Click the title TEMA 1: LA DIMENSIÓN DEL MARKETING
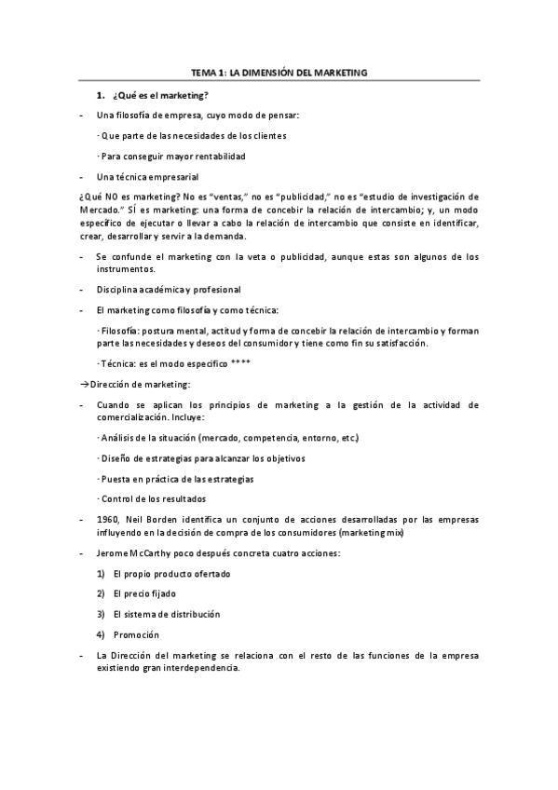pyautogui.click(x=279, y=71)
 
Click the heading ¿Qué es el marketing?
pyautogui.click(x=159, y=96)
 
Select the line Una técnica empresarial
pyautogui.click(x=146, y=176)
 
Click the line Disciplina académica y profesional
pyautogui.click(x=168, y=289)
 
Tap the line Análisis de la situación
pyautogui.click(x=228, y=437)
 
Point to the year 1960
pyautogui.click(x=107, y=519)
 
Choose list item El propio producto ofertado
pyautogui.click(x=170, y=573)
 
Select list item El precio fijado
pyautogui.click(x=143, y=593)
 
